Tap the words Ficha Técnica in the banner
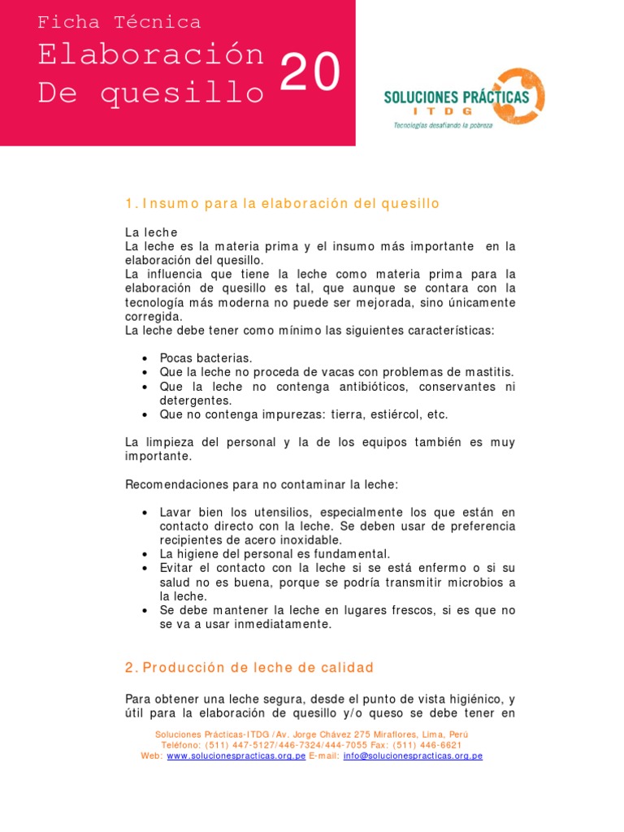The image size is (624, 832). [x=119, y=23]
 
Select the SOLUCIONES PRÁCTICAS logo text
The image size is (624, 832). [x=456, y=97]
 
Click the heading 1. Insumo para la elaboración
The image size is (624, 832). [x=282, y=204]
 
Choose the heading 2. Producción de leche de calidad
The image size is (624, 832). [x=249, y=668]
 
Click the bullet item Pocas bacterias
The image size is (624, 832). [x=206, y=358]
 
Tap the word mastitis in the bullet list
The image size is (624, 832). [x=489, y=372]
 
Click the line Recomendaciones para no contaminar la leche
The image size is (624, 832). [x=262, y=484]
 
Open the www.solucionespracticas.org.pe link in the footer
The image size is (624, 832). [x=236, y=756]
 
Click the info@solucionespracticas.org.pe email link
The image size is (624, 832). [x=413, y=756]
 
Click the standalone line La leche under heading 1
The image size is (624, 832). [x=151, y=232]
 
